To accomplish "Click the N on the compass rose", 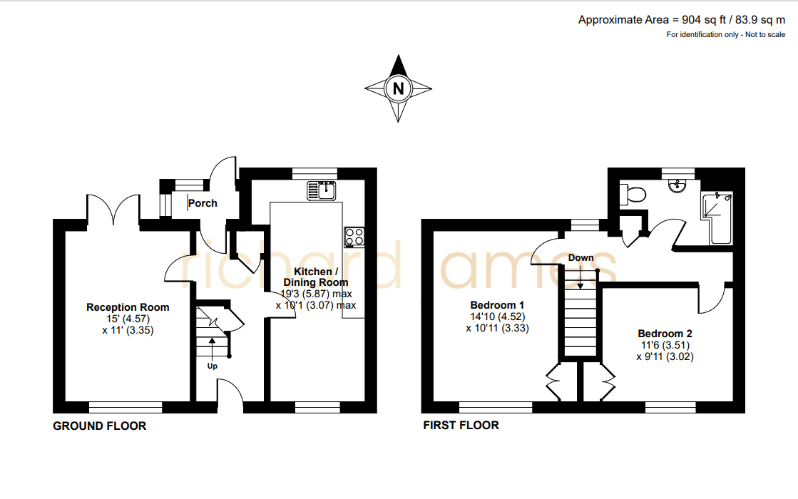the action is (x=399, y=88).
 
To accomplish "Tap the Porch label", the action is (x=203, y=203).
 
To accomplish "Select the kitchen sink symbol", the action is (x=321, y=190).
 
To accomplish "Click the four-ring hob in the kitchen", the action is (x=354, y=237).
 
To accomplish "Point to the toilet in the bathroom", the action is (x=633, y=194).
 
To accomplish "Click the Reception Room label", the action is (x=128, y=307).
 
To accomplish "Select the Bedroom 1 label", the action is (x=497, y=305).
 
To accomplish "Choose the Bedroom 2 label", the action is (x=665, y=334).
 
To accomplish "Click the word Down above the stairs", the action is (x=580, y=258).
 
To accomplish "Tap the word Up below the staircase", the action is (x=213, y=366).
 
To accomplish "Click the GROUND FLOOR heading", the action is (x=100, y=426).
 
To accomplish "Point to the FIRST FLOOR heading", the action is (x=461, y=426).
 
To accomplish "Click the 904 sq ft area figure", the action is (x=704, y=20).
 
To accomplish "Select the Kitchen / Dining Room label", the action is (x=315, y=277).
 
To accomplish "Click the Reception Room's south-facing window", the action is (x=126, y=407).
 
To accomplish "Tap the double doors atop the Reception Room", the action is (x=113, y=209).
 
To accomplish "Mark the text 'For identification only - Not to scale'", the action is (x=726, y=35).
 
